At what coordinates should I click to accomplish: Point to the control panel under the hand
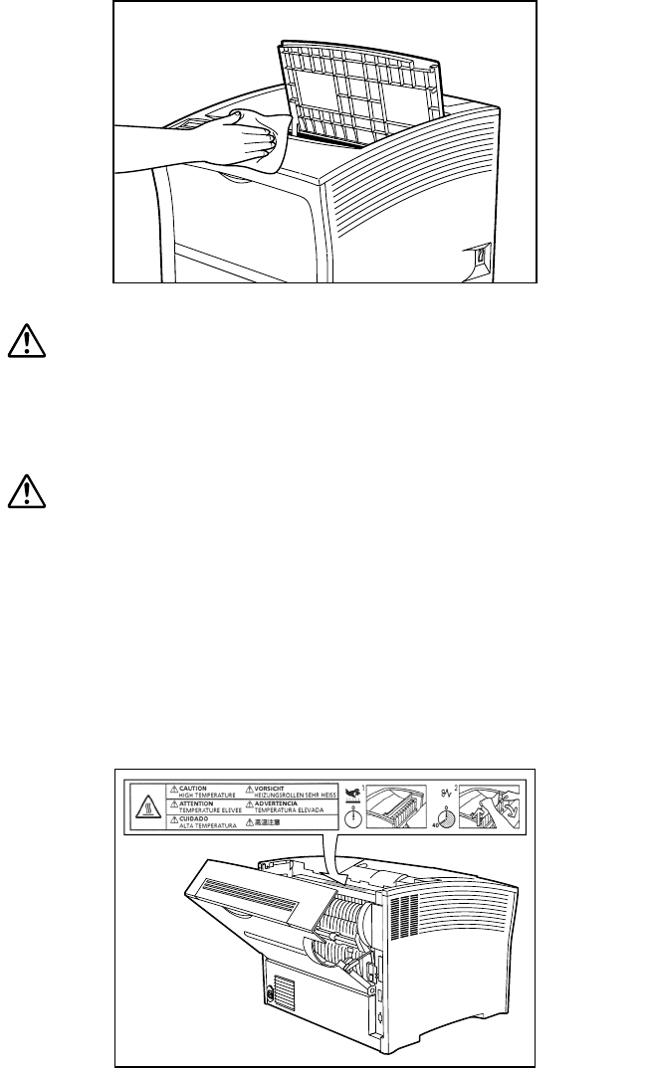[188, 125]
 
